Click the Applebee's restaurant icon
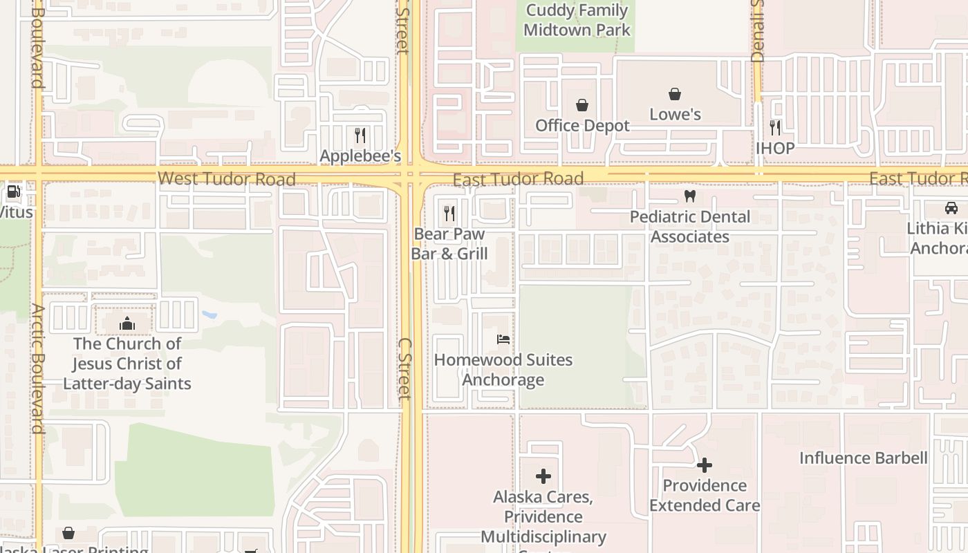pos(360,135)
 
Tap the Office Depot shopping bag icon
pos(582,105)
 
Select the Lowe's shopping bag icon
pos(675,94)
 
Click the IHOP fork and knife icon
pos(775,128)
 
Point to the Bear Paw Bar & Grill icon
pos(449,214)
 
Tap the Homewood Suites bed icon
pos(503,339)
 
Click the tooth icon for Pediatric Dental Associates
pos(689,196)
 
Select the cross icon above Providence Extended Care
pos(705,465)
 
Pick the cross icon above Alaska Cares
pos(543,476)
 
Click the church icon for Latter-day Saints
pos(127,324)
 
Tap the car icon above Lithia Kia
pos(951,208)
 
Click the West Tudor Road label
pos(227,179)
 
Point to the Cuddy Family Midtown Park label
pos(577,20)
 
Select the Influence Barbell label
pos(864,458)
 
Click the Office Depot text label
pos(583,126)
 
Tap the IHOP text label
pos(775,149)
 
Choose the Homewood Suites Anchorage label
pos(503,370)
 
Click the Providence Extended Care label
pos(705,496)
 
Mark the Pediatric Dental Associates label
pos(690,227)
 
